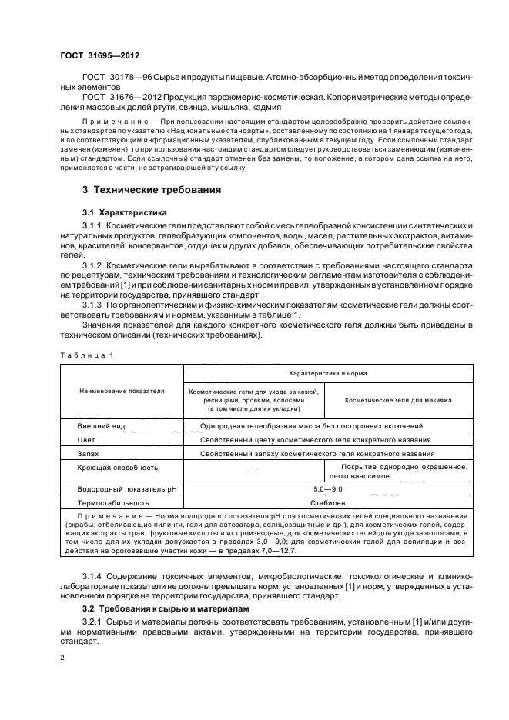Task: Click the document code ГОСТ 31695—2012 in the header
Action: [100, 55]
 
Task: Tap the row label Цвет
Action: [86, 440]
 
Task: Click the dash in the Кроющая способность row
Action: [253, 467]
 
